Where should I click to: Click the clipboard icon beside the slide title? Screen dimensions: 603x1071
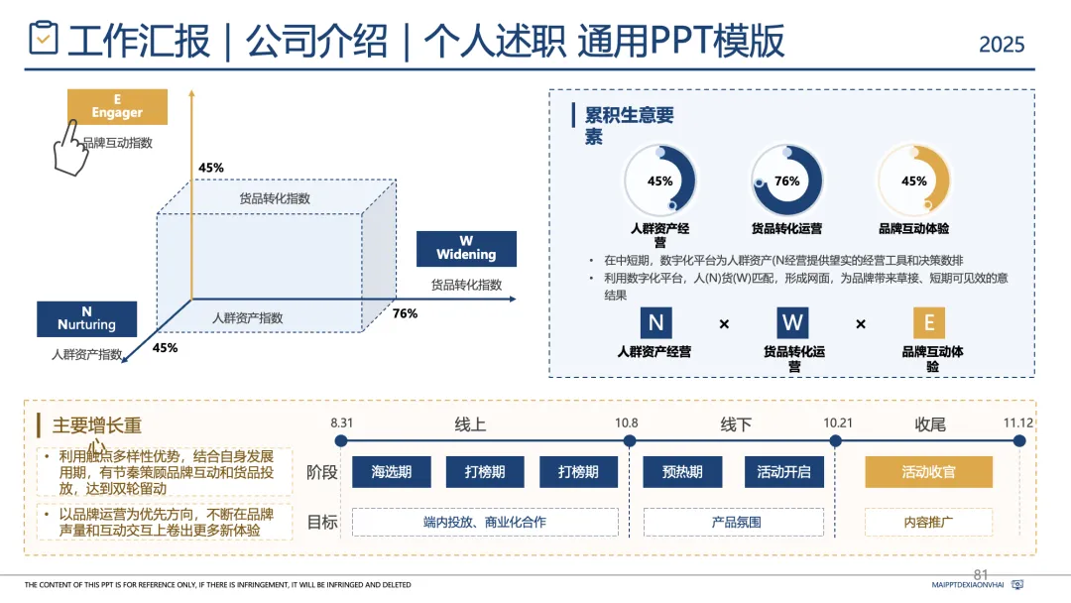pyautogui.click(x=43, y=39)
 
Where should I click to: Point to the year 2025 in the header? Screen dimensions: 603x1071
pyautogui.click(x=1002, y=45)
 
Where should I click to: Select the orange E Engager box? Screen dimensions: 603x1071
pyautogui.click(x=117, y=107)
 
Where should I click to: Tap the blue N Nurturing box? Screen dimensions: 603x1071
pyautogui.click(x=87, y=318)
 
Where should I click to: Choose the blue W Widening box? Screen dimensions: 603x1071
pyautogui.click(x=466, y=248)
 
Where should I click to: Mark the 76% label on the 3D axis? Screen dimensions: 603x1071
pyautogui.click(x=405, y=313)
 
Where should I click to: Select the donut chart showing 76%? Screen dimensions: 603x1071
pyautogui.click(x=786, y=181)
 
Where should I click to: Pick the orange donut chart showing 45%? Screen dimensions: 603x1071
pyautogui.click(x=913, y=181)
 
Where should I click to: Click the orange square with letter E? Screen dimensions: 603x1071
pyautogui.click(x=928, y=323)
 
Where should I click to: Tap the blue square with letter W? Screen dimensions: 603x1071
pyautogui.click(x=792, y=323)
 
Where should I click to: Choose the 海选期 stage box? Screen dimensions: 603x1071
pyautogui.click(x=392, y=472)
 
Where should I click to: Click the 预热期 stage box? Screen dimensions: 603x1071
pyautogui.click(x=682, y=472)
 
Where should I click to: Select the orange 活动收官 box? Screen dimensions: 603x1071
pyautogui.click(x=928, y=472)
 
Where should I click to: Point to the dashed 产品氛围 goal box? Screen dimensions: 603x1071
pyautogui.click(x=736, y=522)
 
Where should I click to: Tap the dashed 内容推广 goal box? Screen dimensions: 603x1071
pyautogui.click(x=928, y=522)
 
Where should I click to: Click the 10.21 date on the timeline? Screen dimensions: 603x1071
pyautogui.click(x=838, y=423)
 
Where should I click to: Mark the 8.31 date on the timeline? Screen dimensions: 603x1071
pyautogui.click(x=342, y=423)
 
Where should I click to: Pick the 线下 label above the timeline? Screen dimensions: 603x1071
pyautogui.click(x=736, y=424)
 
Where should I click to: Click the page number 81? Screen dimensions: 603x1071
pyautogui.click(x=982, y=574)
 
